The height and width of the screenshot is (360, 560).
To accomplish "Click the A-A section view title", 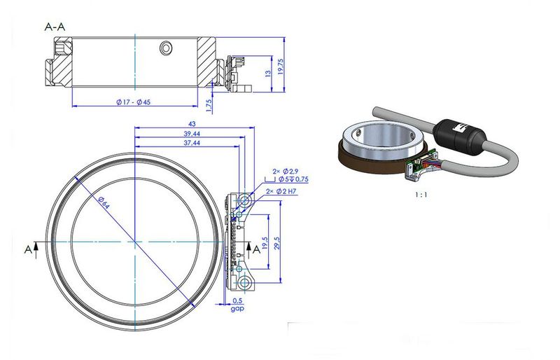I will (57, 27).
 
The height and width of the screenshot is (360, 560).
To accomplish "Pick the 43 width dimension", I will (192, 125).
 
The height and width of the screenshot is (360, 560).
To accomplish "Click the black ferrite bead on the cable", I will (458, 132).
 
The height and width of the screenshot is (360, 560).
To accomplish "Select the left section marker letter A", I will (28, 249).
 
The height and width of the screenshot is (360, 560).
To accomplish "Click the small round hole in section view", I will (166, 48).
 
